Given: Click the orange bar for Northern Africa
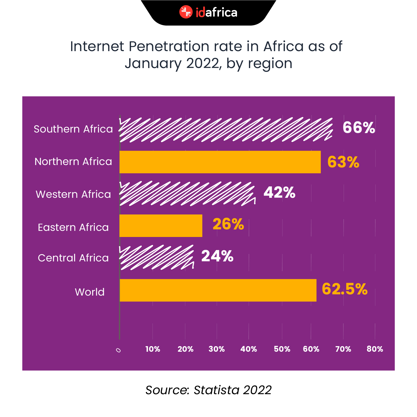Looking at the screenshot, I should pos(220,162).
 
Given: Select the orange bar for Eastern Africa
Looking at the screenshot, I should pos(161,226).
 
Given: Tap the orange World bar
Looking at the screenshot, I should pos(218,290).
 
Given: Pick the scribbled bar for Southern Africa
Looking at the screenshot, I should pos(226,130).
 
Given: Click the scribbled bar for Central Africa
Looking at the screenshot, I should pos(156,257).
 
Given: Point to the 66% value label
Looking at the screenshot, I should pos(359,128).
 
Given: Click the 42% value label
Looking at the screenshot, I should pos(279,192).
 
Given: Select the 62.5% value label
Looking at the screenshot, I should pos(344,289).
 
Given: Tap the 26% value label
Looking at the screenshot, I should pos(228,224).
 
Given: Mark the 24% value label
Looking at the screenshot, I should pos(217,256).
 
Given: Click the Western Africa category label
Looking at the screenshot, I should pos(73,194).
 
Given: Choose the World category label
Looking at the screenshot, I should pos(90,292).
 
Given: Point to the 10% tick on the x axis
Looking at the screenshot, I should pos(153,349).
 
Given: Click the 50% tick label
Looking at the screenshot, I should pos(282,349).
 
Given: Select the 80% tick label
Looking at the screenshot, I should pos(375,349).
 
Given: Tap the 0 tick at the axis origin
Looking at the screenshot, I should pos(118,350).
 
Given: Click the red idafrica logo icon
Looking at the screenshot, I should pos(186,12).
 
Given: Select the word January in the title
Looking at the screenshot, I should pos(153,64).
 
